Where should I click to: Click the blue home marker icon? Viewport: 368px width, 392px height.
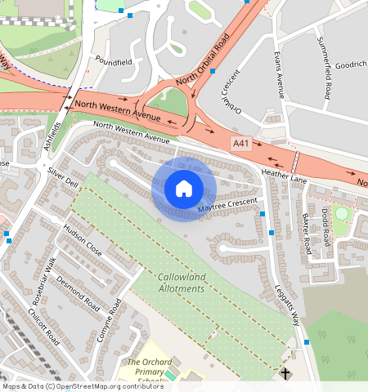184,189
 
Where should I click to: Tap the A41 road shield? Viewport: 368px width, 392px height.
240,144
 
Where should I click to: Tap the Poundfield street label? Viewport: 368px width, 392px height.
112,60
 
